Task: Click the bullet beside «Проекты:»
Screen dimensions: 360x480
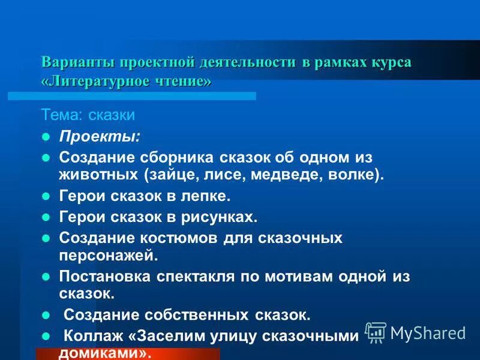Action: [x=44, y=137]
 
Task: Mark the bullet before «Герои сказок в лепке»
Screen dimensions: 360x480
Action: [x=44, y=196]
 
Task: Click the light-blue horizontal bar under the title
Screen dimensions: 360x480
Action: [x=132, y=95]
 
